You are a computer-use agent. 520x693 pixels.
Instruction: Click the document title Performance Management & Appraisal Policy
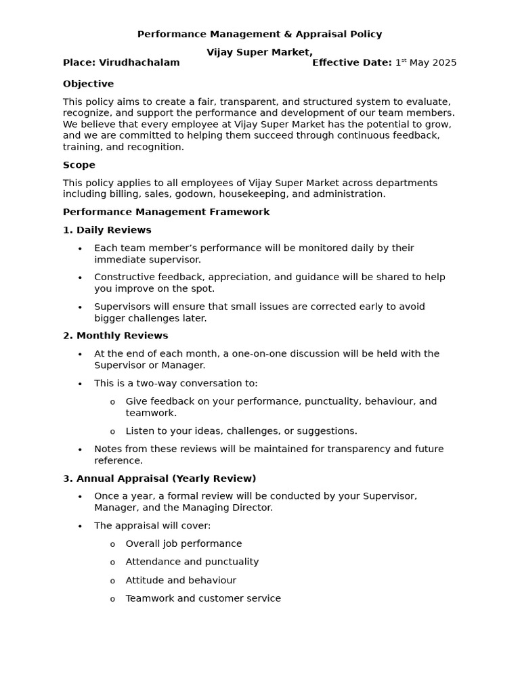[x=259, y=34]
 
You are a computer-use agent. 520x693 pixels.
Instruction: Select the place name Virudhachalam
[x=139, y=62]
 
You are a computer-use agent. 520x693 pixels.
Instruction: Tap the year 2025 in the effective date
[x=443, y=62]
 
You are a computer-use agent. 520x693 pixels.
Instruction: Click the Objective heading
[x=88, y=84]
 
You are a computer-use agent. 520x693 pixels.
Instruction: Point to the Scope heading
[x=79, y=165]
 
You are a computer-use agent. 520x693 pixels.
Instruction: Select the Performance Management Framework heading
[x=166, y=212]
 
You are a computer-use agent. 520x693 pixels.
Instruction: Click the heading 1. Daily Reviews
[x=107, y=230]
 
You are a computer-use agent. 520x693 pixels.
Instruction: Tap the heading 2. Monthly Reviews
[x=115, y=336]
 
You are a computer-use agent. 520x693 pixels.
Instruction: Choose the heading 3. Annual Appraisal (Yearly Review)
[x=159, y=478]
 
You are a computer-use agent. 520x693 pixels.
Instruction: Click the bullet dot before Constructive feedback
[x=80, y=278]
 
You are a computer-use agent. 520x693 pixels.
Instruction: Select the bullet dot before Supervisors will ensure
[x=80, y=307]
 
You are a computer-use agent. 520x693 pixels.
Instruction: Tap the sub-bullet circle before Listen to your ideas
[x=112, y=432]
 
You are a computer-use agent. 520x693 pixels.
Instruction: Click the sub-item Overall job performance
[x=183, y=543]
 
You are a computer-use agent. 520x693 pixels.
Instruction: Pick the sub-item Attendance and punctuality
[x=192, y=562]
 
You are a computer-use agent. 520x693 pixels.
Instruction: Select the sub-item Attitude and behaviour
[x=181, y=580]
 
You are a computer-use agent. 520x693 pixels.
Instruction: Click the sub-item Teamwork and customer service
[x=203, y=598]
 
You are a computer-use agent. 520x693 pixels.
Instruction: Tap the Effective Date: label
[x=351, y=62]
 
